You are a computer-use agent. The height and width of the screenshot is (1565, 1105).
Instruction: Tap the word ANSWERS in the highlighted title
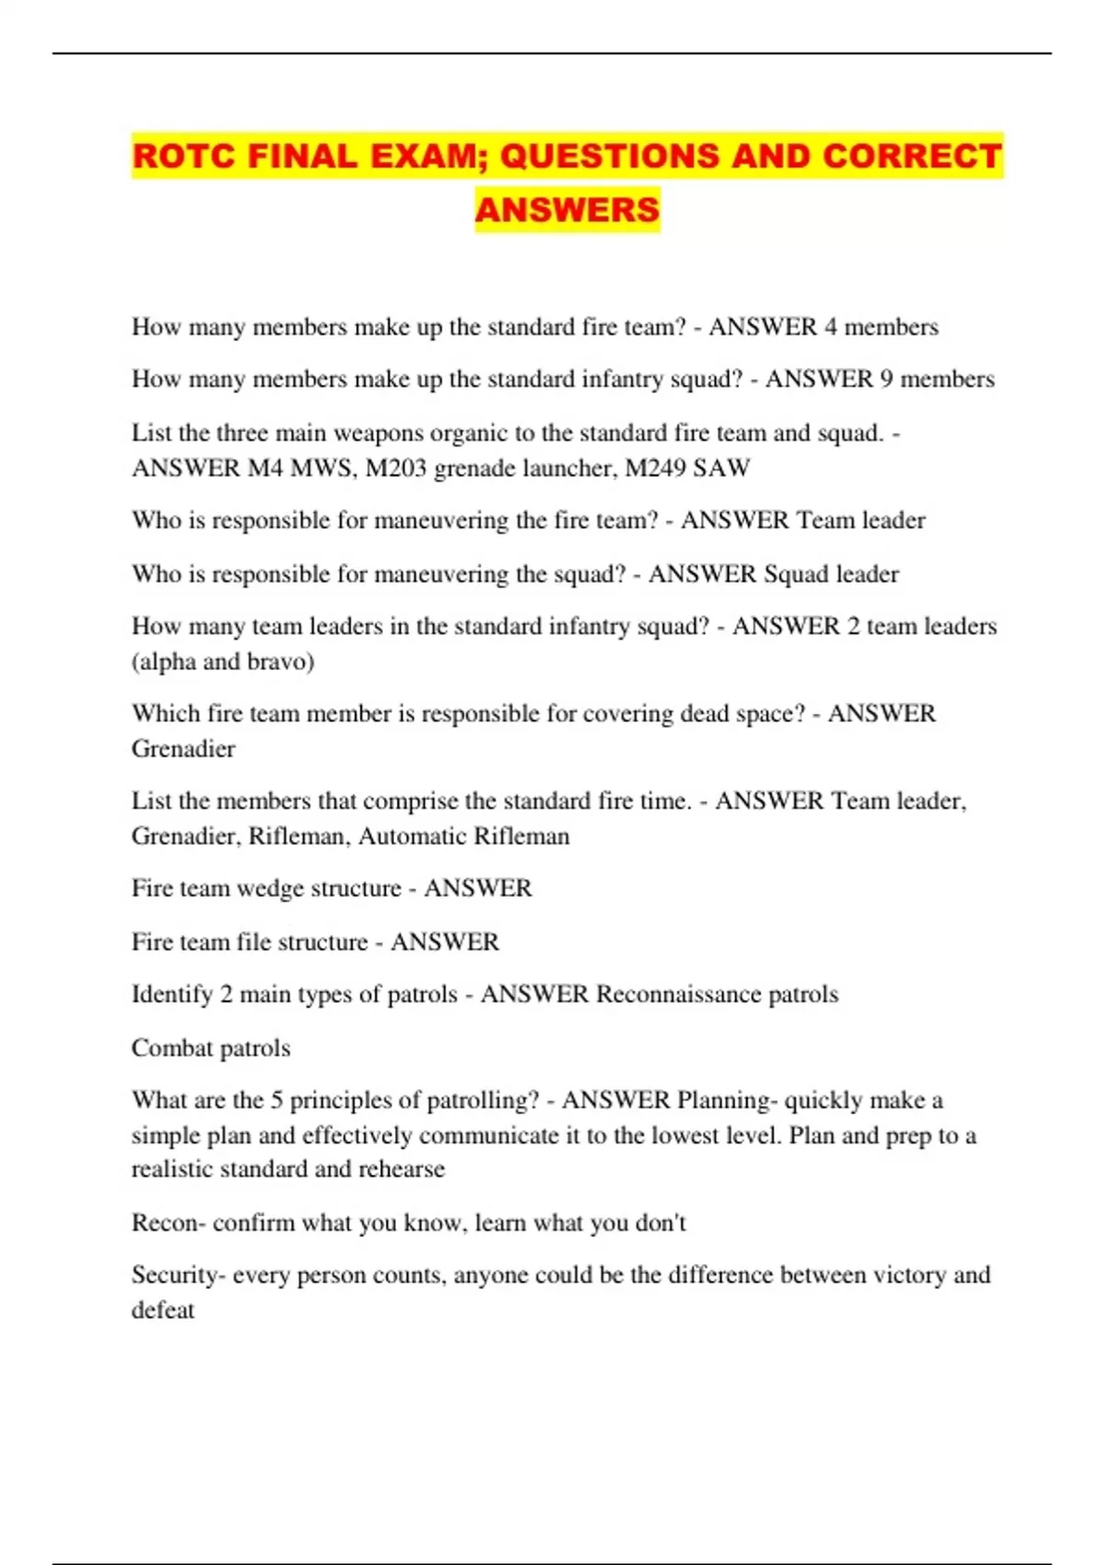tap(567, 210)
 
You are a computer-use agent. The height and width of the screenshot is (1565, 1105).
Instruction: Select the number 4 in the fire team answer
tap(831, 327)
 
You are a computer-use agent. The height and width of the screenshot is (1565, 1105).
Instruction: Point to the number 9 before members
tap(886, 379)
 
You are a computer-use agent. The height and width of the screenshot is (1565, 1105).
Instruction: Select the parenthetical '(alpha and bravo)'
tap(223, 662)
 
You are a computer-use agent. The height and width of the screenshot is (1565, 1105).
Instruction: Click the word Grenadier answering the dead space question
tap(183, 749)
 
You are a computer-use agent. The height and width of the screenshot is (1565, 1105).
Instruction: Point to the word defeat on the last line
tap(163, 1310)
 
